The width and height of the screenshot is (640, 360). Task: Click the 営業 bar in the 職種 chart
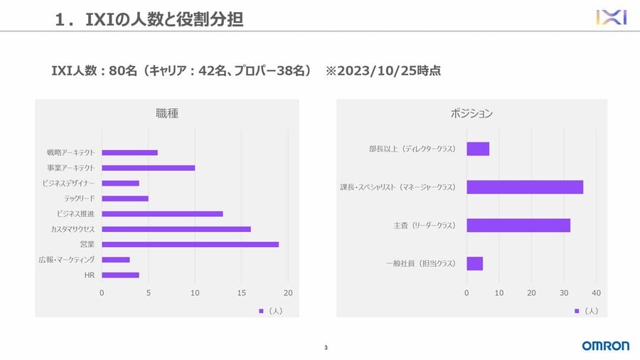coord(190,245)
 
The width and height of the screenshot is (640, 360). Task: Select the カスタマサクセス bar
coord(176,229)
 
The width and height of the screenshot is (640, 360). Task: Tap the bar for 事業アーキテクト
coord(148,168)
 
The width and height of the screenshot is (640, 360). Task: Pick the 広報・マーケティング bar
coord(115,260)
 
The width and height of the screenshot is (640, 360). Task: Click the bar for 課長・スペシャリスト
coord(525,187)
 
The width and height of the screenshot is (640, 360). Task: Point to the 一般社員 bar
coord(474,263)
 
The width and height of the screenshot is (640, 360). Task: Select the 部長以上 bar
coord(478,149)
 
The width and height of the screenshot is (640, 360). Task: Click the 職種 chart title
coord(167,113)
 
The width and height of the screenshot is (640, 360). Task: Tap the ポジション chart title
coord(471,113)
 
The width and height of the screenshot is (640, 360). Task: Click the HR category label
coord(90,275)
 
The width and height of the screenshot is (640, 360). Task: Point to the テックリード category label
coord(80,198)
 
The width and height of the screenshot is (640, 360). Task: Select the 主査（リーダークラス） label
coord(425,226)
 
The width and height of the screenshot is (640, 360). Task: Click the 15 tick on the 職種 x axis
coord(242,293)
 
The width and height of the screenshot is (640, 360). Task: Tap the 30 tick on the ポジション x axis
coord(564,293)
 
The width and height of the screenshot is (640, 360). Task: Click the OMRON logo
coord(605,346)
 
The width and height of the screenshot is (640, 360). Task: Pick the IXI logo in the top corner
coord(611,17)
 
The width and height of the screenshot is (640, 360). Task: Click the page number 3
coord(326,348)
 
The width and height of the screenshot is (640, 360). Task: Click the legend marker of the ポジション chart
coord(577,311)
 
